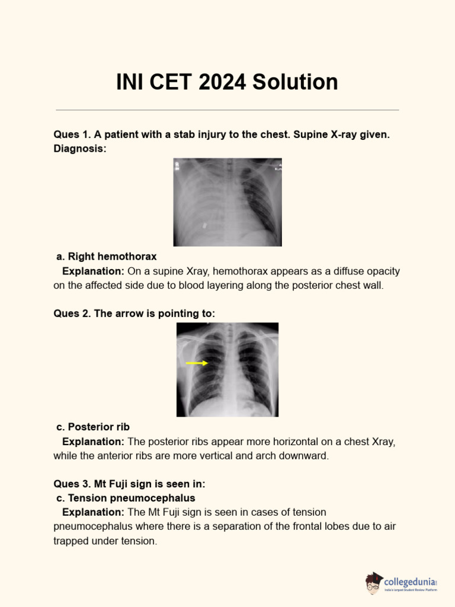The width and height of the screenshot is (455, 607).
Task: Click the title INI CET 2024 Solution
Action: pyautogui.click(x=227, y=82)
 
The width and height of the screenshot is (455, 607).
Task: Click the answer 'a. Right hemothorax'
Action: pyautogui.click(x=107, y=257)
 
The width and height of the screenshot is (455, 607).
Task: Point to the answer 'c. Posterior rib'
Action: pyautogui.click(x=93, y=427)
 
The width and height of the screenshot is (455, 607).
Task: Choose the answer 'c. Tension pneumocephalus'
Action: pyautogui.click(x=126, y=498)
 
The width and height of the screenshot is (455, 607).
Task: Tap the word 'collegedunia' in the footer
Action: pyautogui.click(x=409, y=582)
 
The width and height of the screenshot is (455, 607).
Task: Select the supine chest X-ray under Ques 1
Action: pyautogui.click(x=227, y=202)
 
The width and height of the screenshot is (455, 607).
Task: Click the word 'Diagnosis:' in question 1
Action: pyautogui.click(x=80, y=149)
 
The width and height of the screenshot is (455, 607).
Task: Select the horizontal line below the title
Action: pyautogui.click(x=227, y=110)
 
